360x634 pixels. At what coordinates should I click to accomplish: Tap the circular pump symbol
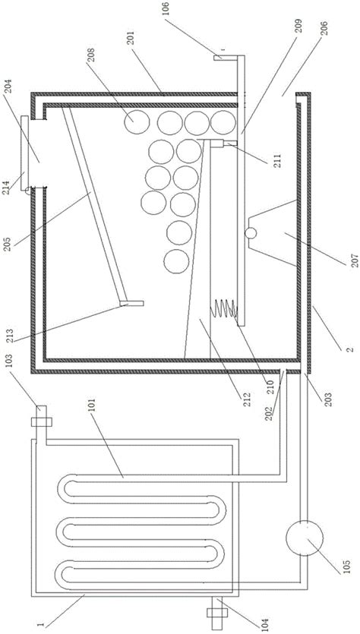tap(305, 538)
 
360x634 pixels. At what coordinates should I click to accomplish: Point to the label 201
tap(132, 39)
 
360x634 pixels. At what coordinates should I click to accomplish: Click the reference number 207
tap(355, 258)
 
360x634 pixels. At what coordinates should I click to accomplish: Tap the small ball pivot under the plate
tap(251, 233)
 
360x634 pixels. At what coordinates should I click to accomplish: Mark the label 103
tap(10, 361)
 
